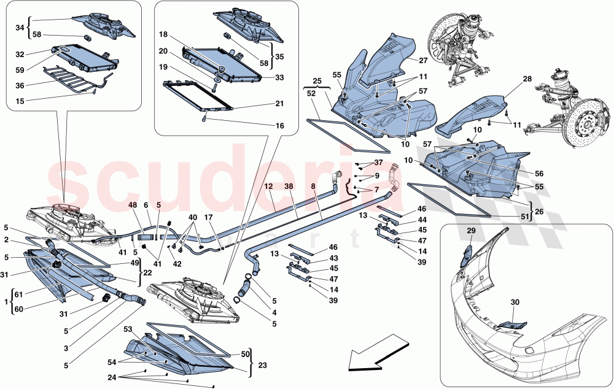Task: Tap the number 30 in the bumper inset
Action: click(x=515, y=302)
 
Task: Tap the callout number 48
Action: click(x=133, y=205)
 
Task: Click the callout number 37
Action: click(x=378, y=163)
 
